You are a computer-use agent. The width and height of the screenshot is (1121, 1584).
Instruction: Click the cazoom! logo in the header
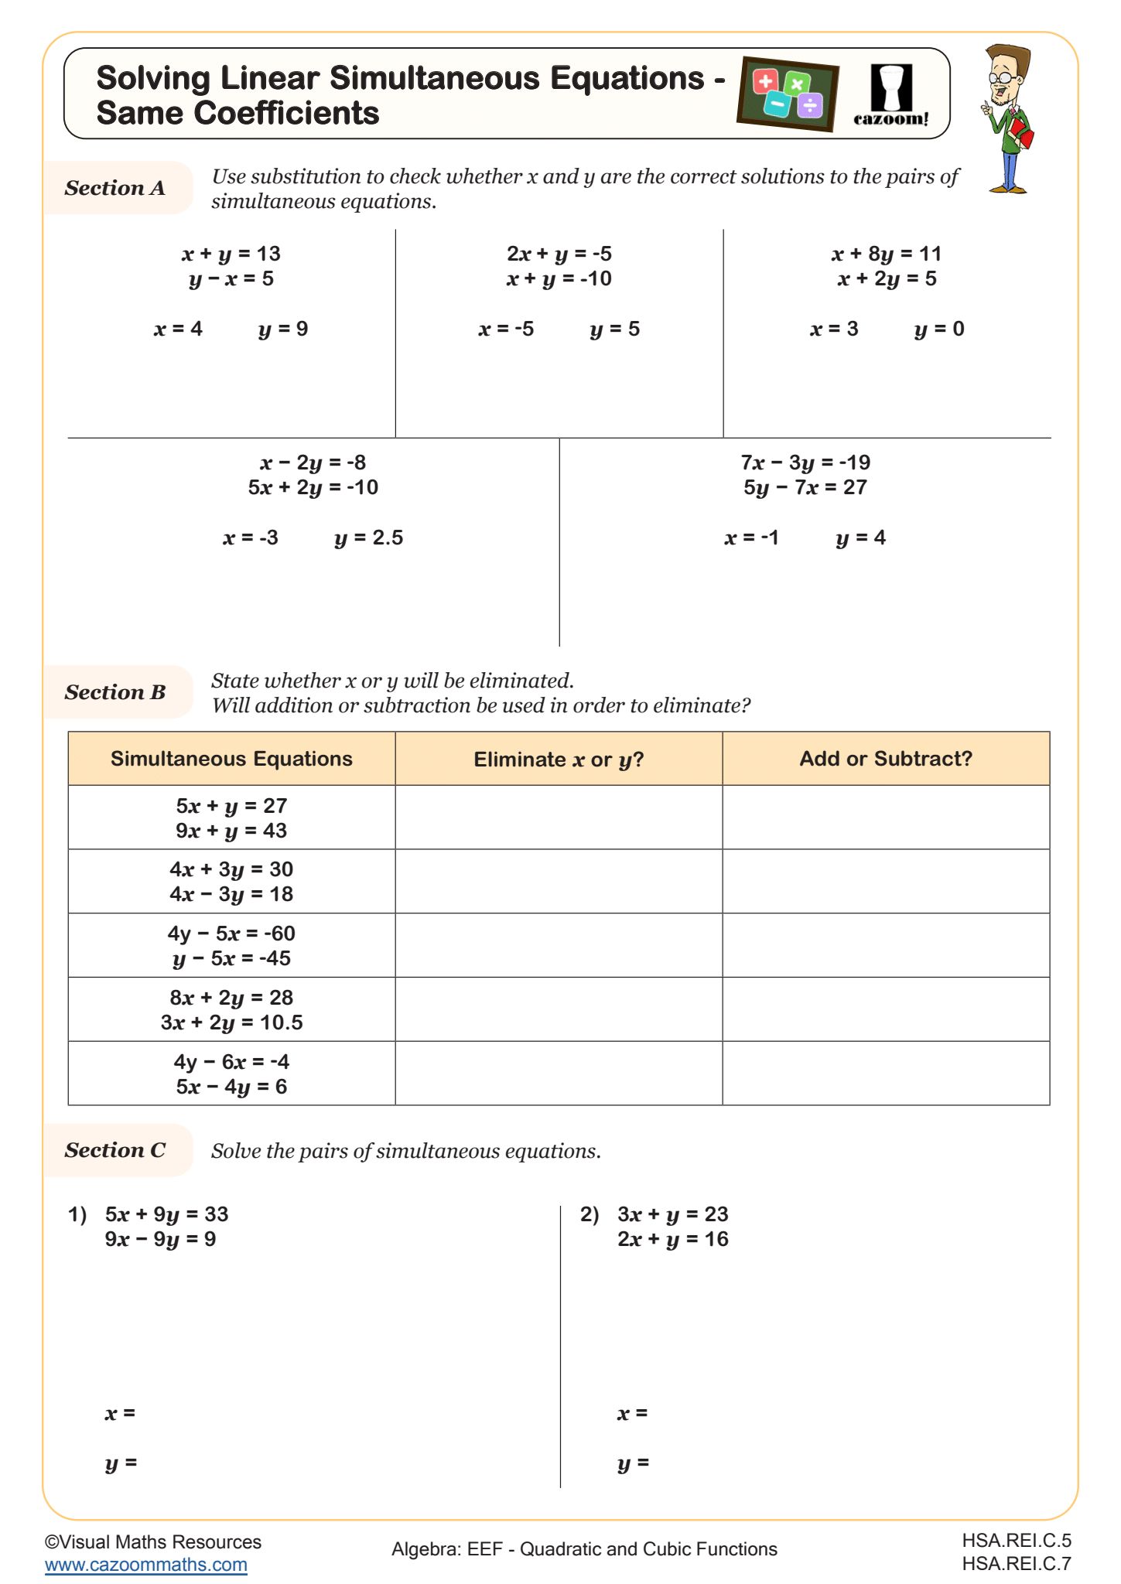[890, 95]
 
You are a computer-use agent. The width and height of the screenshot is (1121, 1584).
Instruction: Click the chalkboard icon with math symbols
[788, 94]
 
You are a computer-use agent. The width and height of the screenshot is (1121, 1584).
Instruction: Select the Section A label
[115, 188]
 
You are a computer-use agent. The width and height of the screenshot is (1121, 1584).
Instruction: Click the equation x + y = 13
[231, 254]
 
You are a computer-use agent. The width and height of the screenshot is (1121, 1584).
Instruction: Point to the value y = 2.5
[368, 538]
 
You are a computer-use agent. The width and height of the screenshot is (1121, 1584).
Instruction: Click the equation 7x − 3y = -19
[805, 463]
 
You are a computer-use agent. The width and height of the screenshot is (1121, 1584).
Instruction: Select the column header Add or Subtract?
[885, 759]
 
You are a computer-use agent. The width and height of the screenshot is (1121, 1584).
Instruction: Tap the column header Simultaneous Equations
[231, 759]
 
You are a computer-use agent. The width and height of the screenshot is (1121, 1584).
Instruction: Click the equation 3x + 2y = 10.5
[231, 1022]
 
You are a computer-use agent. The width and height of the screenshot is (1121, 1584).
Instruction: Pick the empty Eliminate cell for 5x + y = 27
[559, 818]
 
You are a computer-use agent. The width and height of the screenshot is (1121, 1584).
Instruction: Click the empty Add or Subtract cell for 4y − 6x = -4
[885, 1074]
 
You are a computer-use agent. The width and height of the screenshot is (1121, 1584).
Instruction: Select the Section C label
[115, 1150]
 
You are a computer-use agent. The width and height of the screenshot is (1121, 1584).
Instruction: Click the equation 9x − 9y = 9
[160, 1239]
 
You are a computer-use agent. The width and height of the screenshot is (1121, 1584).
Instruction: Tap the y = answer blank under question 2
[665, 1463]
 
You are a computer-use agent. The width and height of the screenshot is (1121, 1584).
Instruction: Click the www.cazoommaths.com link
[145, 1565]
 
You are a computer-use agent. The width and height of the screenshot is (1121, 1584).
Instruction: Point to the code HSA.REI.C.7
[1016, 1564]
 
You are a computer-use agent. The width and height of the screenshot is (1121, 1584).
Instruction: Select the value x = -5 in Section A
[506, 329]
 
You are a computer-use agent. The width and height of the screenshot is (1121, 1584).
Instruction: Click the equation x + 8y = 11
[886, 254]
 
